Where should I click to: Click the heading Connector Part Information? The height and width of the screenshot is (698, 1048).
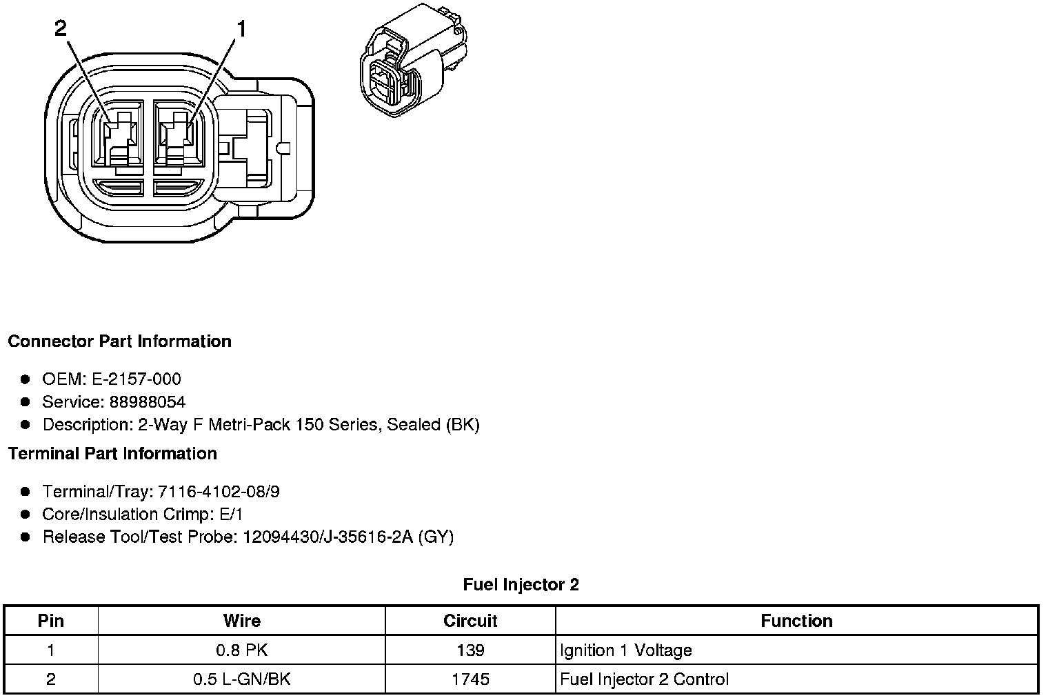[x=119, y=341]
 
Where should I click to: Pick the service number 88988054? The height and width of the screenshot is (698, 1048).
[x=147, y=401]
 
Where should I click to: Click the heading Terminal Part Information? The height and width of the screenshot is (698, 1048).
[x=112, y=453]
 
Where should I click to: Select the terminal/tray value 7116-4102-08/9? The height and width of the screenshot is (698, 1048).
[x=219, y=491]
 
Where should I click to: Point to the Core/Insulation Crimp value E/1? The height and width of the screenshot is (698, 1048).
[x=229, y=514]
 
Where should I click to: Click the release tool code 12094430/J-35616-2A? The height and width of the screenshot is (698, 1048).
[x=327, y=537]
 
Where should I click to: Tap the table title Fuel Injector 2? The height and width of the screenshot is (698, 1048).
[x=521, y=585]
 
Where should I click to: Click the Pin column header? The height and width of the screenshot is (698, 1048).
[x=51, y=621]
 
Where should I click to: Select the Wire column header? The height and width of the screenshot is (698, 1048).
[x=242, y=621]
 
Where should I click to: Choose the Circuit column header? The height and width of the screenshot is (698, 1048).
[x=470, y=621]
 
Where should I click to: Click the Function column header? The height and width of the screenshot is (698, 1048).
[x=796, y=621]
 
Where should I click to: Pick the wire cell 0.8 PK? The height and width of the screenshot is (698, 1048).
[x=242, y=650]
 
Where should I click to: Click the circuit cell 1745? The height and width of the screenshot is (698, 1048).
[x=470, y=679]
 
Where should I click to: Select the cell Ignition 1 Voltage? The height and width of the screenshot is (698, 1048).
[x=626, y=650]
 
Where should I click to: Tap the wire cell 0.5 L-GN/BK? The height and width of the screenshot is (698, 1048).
[x=242, y=679]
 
